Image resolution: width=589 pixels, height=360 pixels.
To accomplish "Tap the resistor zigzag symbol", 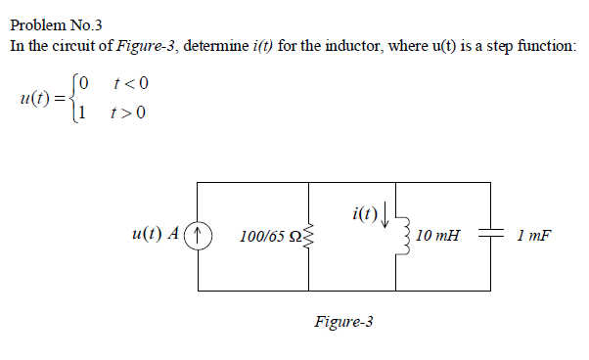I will click(x=310, y=236).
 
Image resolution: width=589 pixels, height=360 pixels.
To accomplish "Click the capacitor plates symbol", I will click(x=489, y=236).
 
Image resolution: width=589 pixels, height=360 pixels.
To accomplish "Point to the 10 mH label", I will click(x=437, y=236).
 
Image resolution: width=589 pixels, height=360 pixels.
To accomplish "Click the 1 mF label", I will click(x=533, y=236).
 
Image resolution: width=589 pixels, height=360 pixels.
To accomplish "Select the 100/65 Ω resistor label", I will click(x=268, y=237).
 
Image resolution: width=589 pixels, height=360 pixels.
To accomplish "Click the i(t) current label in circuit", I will click(x=360, y=212).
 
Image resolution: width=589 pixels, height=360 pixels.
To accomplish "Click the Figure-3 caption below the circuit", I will click(x=343, y=321).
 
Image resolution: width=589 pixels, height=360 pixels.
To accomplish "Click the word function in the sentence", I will click(x=549, y=46).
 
